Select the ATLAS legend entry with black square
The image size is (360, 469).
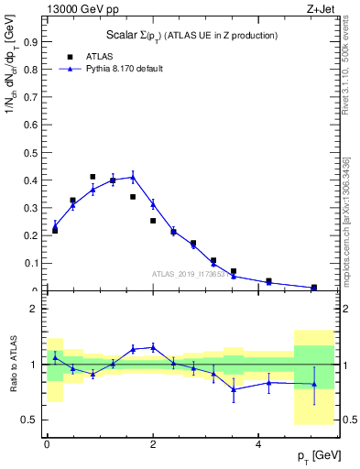82,56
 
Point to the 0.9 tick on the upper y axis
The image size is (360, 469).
33,42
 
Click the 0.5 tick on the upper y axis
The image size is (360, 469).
33,153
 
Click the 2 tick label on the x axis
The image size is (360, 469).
152,444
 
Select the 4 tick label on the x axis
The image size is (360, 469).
258,444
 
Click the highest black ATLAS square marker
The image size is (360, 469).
93,177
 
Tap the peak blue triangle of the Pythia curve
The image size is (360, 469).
133,178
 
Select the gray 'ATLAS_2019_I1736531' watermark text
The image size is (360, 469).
193,274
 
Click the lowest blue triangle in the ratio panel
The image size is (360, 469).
234,389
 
